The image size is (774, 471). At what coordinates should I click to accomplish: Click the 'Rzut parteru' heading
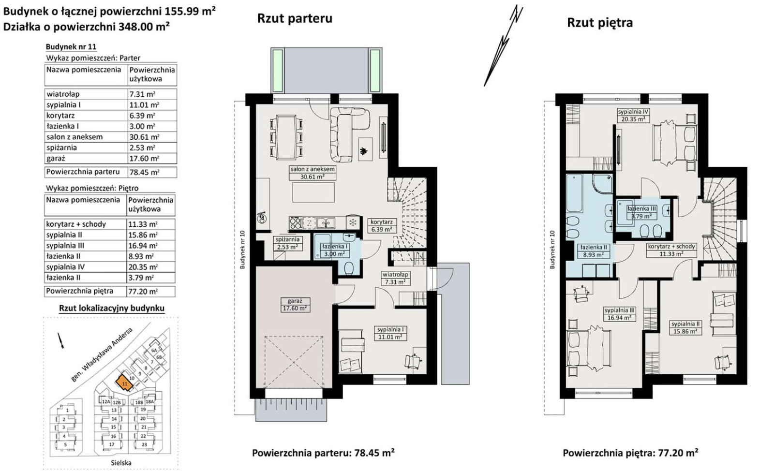pyautogui.click(x=295, y=18)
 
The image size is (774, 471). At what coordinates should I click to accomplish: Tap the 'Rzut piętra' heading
pyautogui.click(x=600, y=23)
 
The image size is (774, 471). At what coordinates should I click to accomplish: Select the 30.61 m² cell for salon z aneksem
pyautogui.click(x=144, y=137)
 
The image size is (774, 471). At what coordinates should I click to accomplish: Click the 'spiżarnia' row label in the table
pyautogui.click(x=62, y=148)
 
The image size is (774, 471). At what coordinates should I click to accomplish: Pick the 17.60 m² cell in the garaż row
pyautogui.click(x=144, y=159)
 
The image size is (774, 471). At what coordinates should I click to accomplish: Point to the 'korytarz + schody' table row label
pyautogui.click(x=76, y=224)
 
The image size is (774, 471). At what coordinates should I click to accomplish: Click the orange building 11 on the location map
pyautogui.click(x=124, y=383)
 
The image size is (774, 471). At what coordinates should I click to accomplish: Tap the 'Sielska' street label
pyautogui.click(x=121, y=463)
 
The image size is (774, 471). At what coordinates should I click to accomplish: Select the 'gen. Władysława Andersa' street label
pyautogui.click(x=102, y=355)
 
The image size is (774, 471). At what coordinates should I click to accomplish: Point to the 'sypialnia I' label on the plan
pyautogui.click(x=390, y=329)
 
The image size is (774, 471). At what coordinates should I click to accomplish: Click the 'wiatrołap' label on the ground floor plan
pyautogui.click(x=395, y=275)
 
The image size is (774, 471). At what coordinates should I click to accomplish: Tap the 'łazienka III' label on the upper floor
pyautogui.click(x=641, y=208)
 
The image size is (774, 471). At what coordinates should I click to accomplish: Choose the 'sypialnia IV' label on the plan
pyautogui.click(x=633, y=112)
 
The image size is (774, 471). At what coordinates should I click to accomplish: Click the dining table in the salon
pyautogui.click(x=286, y=137)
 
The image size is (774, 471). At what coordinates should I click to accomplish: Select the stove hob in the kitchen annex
pyautogui.click(x=296, y=223)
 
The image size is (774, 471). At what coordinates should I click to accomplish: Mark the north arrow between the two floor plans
pyautogui.click(x=503, y=45)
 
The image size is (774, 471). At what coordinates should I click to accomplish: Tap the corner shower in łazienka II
pyautogui.click(x=602, y=183)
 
